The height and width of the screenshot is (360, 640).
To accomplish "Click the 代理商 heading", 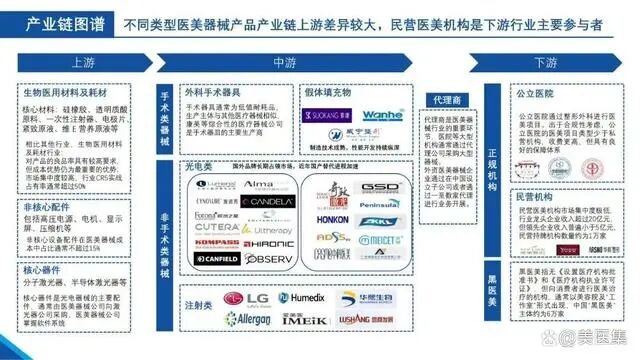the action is coord(445,101).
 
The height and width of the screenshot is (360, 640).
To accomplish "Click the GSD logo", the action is coord(380,187).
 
